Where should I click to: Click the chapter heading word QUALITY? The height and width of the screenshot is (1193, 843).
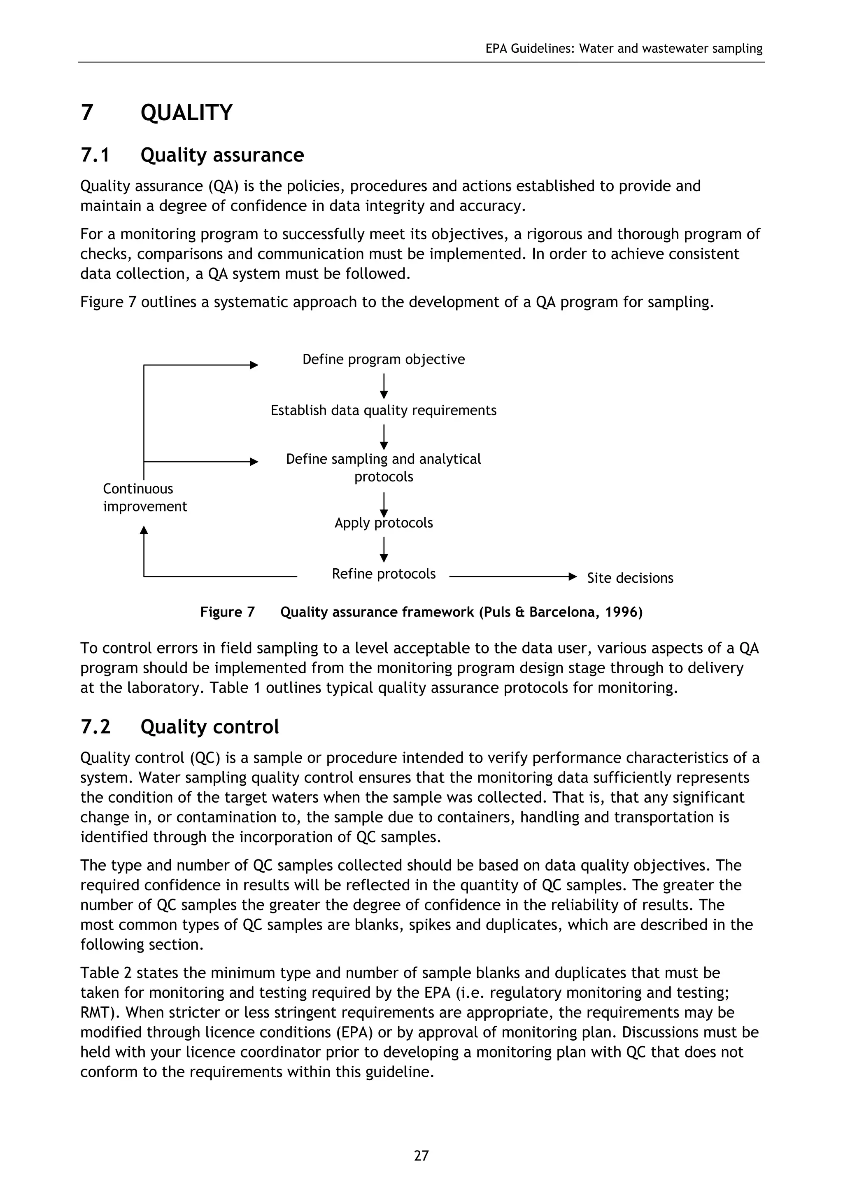[x=186, y=113]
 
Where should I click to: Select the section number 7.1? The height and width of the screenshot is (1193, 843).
[x=95, y=155]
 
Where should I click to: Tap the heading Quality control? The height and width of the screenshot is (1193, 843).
[x=210, y=726]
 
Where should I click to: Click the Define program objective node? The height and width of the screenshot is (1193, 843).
[x=383, y=360]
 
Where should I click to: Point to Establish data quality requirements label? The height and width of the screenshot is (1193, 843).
[x=383, y=411]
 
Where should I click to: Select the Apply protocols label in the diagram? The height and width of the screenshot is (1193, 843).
[x=383, y=523]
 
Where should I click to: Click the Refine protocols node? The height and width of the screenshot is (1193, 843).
[x=383, y=574]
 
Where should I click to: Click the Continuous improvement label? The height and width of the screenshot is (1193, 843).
[x=144, y=497]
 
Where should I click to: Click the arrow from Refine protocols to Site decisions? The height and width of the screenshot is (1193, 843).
[x=512, y=576]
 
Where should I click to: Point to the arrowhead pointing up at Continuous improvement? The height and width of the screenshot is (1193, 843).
[x=144, y=530]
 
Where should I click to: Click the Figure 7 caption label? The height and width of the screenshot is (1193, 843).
[x=228, y=612]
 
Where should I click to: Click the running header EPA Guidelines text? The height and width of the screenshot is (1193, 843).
[x=624, y=49]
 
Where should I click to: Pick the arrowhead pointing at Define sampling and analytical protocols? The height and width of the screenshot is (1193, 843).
[x=254, y=461]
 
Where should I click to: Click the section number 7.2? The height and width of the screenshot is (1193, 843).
[x=95, y=726]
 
